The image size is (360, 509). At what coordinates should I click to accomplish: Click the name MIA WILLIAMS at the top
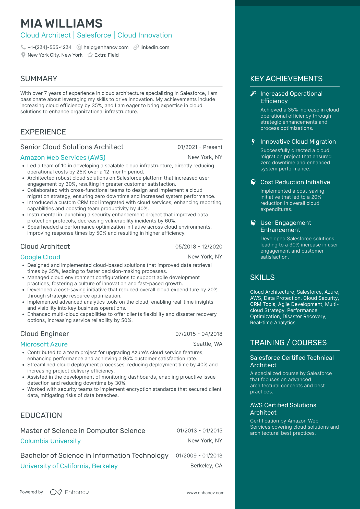click(61, 23)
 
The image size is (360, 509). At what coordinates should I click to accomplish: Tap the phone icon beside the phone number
click(23, 47)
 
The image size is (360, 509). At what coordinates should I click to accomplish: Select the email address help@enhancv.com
click(106, 47)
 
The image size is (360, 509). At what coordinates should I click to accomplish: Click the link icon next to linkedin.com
click(136, 47)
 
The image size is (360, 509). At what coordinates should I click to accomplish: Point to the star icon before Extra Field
click(90, 55)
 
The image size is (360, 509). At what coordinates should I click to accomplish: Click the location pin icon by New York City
click(23, 55)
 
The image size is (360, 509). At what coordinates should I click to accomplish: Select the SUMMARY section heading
click(39, 79)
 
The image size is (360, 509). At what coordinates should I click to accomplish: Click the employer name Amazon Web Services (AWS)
click(63, 157)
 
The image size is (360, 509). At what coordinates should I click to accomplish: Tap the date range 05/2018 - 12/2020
click(199, 247)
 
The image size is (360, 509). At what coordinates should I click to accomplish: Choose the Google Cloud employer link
click(40, 257)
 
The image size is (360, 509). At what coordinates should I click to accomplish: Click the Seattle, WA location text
click(208, 344)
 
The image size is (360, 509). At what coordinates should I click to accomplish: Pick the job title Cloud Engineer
click(45, 334)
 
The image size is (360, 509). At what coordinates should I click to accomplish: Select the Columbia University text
click(51, 441)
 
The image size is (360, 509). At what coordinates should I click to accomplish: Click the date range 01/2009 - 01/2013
click(199, 456)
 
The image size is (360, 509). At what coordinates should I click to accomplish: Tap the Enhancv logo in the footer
click(69, 492)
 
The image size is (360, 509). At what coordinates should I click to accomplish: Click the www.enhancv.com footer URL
click(206, 493)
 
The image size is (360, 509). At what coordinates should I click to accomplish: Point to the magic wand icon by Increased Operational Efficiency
click(253, 94)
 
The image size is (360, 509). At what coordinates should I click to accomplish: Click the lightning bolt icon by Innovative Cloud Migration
click(253, 142)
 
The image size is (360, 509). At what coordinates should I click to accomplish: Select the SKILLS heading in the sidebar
click(262, 277)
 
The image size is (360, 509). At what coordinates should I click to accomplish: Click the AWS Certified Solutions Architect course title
click(283, 409)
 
